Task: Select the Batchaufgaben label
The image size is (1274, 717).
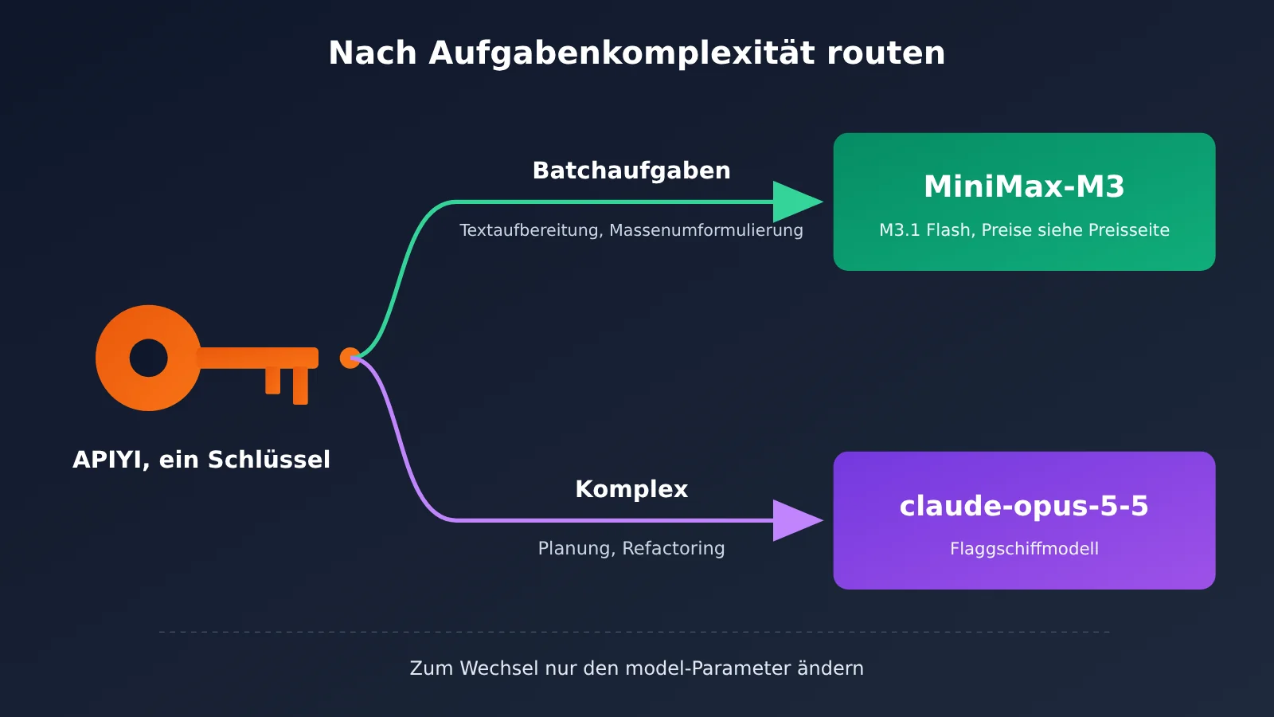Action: pos(631,170)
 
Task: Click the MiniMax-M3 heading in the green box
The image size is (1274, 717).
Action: pos(1024,186)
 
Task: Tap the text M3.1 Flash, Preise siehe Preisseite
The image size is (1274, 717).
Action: pos(1024,230)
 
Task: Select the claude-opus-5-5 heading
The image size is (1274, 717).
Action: pos(1024,507)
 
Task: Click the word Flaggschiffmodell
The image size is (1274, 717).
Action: pos(1024,549)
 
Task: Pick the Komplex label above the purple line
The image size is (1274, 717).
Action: pos(631,489)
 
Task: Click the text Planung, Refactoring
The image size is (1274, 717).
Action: pos(631,548)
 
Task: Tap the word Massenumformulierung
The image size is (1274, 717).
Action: pos(705,230)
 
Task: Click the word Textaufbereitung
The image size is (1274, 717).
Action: pos(531,230)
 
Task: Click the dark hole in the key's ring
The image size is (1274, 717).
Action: pos(148,358)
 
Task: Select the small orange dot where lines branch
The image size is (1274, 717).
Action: pos(350,358)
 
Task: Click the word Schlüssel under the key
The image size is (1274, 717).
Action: pos(269,459)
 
